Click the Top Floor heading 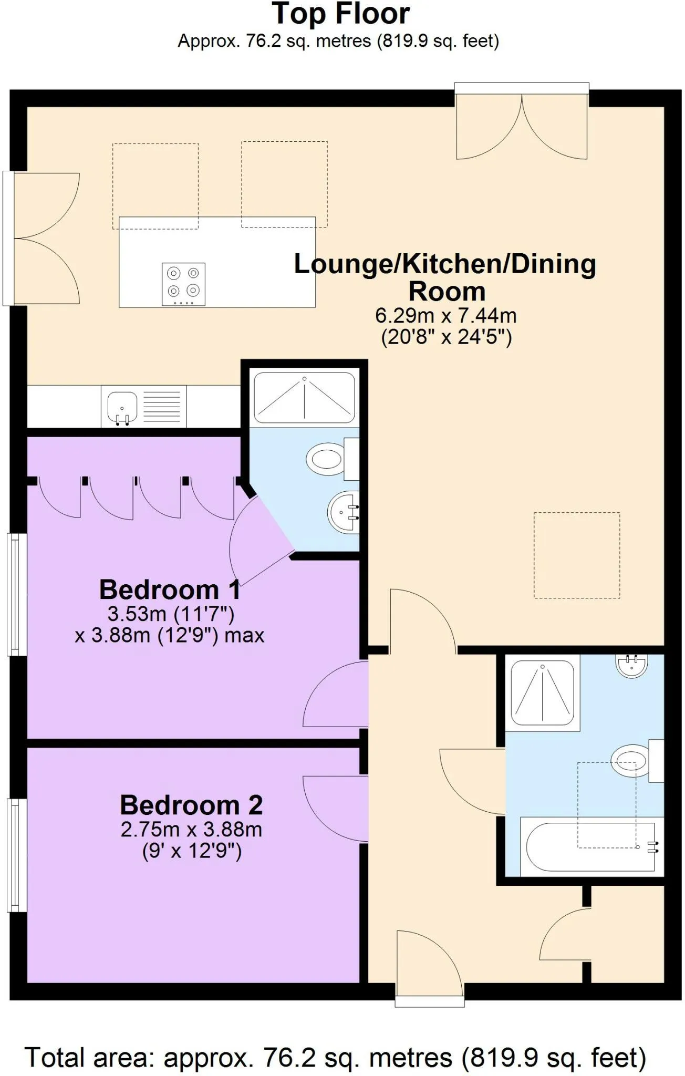(341, 14)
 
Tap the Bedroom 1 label (170, 589)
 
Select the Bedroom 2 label (191, 805)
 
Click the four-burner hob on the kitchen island (183, 284)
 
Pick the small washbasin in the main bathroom (632, 666)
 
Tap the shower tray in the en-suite (304, 398)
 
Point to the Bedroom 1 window (17, 594)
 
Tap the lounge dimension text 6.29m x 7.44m (446, 316)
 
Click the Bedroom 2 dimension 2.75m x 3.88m (191, 830)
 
